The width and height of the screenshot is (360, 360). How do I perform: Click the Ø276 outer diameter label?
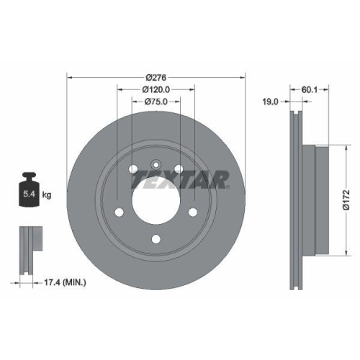(156, 76)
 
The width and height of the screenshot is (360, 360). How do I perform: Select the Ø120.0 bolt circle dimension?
(156, 89)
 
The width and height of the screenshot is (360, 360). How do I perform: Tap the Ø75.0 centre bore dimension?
(156, 102)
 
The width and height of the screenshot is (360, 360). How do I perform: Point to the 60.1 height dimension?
(309, 90)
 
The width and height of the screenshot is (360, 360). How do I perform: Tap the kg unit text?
(47, 195)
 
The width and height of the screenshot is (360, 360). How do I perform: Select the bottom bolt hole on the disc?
(156, 241)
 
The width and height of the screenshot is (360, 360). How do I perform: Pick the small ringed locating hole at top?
(156, 162)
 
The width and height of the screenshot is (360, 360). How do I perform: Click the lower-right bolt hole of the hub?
(193, 212)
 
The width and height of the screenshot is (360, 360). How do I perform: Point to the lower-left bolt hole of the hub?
(120, 212)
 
